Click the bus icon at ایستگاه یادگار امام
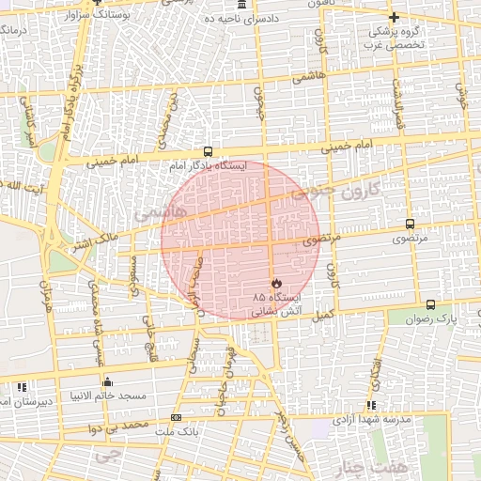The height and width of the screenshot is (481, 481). [x=208, y=151]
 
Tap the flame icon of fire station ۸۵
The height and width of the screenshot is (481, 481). [x=275, y=283]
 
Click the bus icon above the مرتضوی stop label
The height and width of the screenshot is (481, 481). [x=409, y=224]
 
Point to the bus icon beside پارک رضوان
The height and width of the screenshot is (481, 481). [x=430, y=304]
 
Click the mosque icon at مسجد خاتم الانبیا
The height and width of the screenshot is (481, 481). [x=108, y=381]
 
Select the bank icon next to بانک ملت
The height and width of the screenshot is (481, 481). [x=176, y=417]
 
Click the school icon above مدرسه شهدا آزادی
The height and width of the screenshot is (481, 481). [x=372, y=406]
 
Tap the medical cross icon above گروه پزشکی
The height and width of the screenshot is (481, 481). [x=394, y=17]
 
